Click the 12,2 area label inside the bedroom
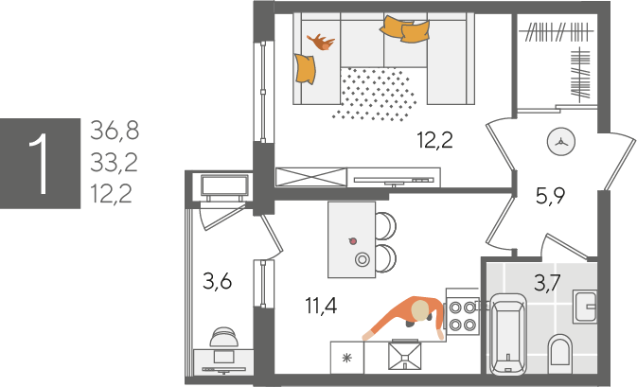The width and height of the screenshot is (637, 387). coord(434,140)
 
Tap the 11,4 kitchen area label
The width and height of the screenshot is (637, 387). coord(321,306)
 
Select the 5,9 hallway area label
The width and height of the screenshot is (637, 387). coord(551,197)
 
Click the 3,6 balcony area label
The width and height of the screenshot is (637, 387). coord(218,281)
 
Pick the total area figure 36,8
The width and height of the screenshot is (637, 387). coord(115,131)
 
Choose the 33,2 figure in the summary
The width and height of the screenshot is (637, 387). coord(114,163)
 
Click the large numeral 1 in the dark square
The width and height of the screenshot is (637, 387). coord(41,164)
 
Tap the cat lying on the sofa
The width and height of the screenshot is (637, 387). coord(321,42)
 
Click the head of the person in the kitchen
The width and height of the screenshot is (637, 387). coord(420,310)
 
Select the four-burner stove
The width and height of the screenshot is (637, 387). coord(462,316)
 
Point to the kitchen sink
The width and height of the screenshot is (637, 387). coord(404,356)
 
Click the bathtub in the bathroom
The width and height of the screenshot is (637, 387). coord(508,335)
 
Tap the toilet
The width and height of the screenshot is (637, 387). coord(559,351)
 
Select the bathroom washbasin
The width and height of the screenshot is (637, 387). coord(585,307)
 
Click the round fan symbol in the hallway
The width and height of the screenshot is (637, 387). coord(561,142)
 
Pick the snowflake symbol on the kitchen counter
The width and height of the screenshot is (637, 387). coord(347,358)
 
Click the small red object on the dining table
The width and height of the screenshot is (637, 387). coord(353,241)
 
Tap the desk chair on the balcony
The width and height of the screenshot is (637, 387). coord(223,337)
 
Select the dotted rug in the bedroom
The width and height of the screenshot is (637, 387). coord(375,95)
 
